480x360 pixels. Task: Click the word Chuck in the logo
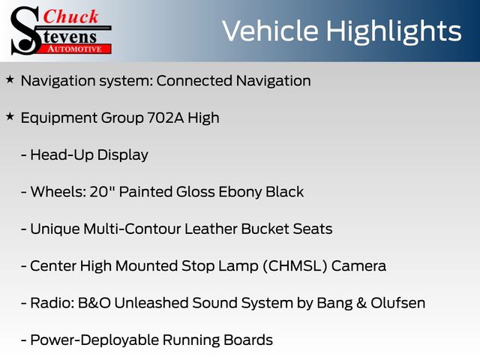(70, 16)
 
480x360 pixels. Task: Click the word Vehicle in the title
(270, 31)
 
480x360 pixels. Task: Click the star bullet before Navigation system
(10, 79)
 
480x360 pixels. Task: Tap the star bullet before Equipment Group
(10, 117)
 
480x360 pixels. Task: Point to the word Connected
(194, 81)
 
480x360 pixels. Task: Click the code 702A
(166, 118)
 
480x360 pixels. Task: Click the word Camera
(358, 266)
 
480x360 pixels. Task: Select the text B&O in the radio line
(94, 303)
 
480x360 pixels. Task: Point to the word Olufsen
(398, 303)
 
